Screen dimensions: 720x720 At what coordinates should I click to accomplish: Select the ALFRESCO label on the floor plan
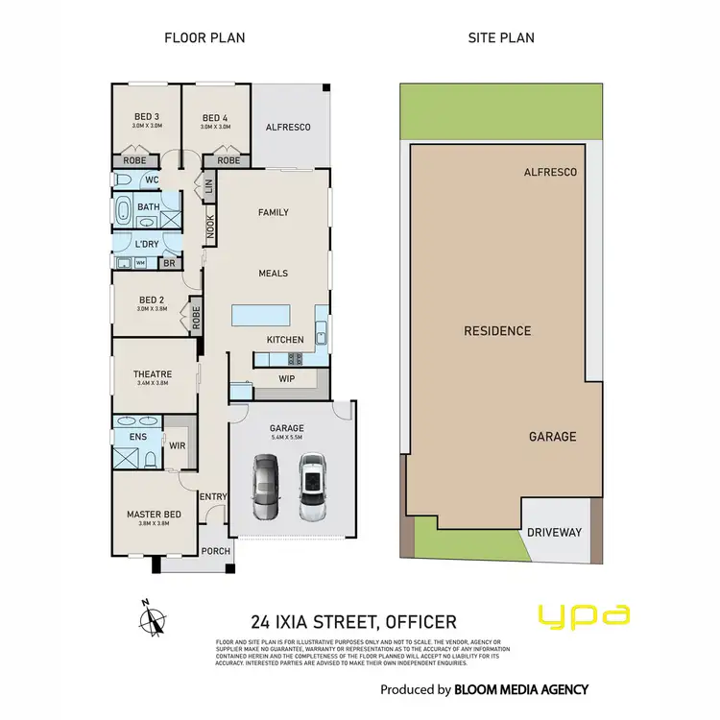pos(288,127)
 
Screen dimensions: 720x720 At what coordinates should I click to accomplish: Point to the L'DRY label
pos(147,244)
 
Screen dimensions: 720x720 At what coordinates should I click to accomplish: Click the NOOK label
pos(210,227)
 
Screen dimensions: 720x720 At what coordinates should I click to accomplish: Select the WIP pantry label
pos(286,378)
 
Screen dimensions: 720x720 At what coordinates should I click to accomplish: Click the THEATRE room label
pos(153,374)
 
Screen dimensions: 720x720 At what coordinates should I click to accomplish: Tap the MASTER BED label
pos(154,515)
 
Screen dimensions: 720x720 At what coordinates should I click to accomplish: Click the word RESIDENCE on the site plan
pos(497,331)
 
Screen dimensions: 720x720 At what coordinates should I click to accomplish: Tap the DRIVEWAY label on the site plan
pos(554,532)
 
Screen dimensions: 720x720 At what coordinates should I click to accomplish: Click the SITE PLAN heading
pos(501,38)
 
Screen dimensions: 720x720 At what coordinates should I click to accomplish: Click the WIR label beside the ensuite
pos(179,445)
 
